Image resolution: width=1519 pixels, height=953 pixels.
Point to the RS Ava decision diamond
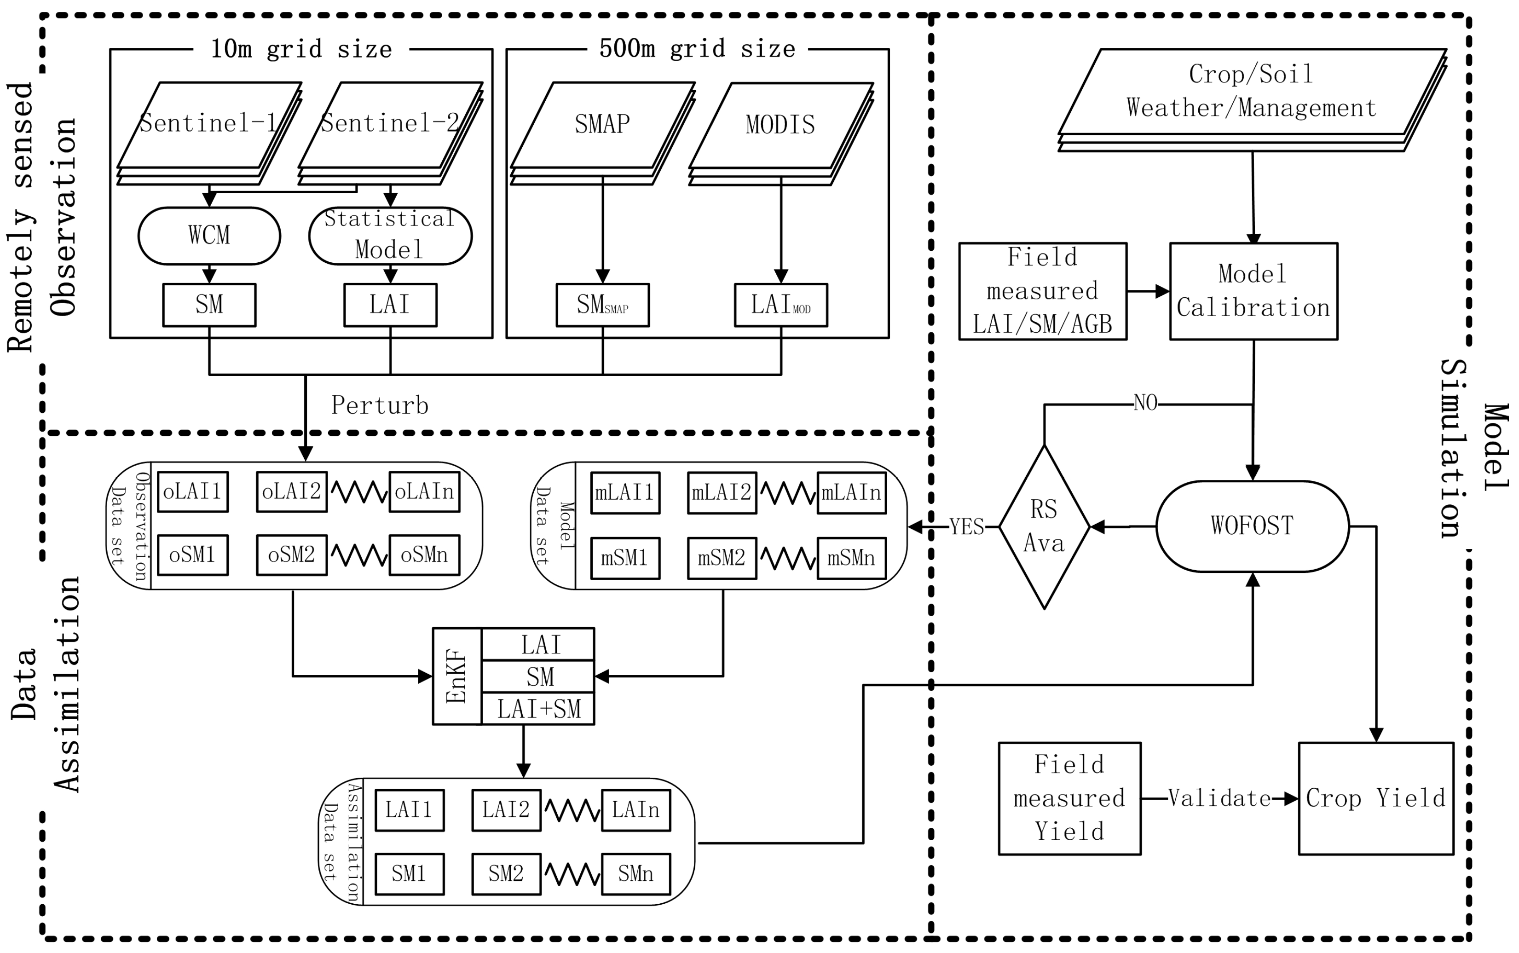tap(1044, 527)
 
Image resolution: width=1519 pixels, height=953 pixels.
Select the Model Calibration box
tap(1253, 291)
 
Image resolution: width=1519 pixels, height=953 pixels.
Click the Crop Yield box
tap(1375, 798)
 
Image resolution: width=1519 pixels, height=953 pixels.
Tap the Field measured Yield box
tap(1069, 798)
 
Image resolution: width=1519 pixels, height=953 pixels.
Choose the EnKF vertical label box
tap(457, 676)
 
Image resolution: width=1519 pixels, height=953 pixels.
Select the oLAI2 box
tap(291, 491)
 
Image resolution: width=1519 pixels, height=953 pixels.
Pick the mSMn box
tap(851, 558)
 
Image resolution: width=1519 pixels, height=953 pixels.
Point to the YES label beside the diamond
tap(966, 527)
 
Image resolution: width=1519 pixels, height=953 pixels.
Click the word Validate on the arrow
tap(1219, 798)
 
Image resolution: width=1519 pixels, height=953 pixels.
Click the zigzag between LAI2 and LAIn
tap(572, 810)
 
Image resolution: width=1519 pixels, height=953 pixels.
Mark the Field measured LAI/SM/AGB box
tap(1042, 291)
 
